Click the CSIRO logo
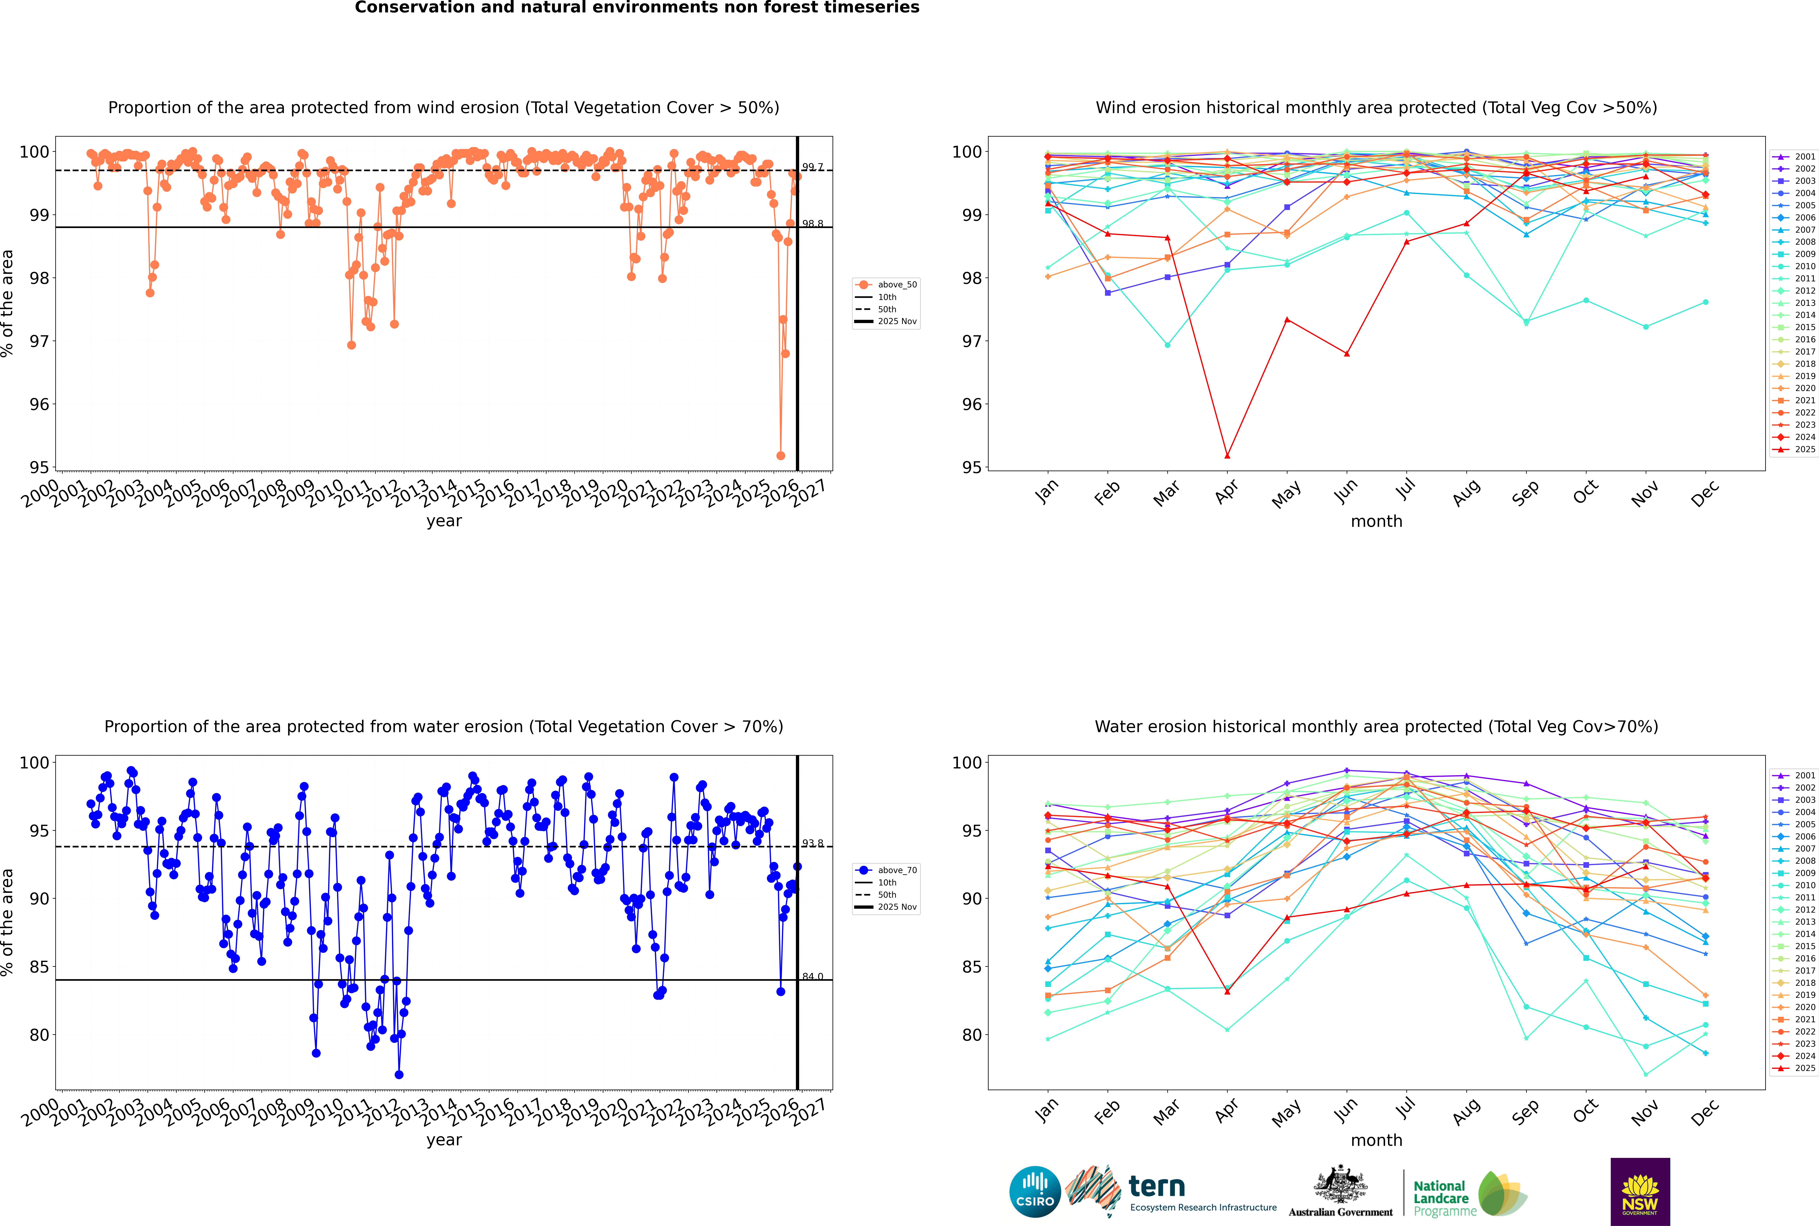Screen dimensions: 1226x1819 (1035, 1192)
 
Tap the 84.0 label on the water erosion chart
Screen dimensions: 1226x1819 (813, 977)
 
